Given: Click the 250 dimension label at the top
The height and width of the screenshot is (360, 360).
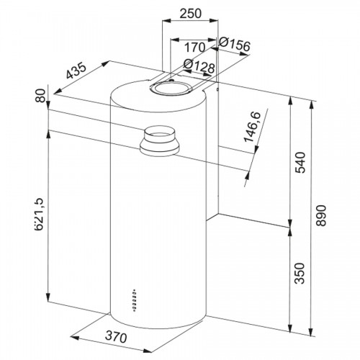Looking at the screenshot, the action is point(191,14).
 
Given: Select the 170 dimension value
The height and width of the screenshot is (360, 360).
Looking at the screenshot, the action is point(194,48).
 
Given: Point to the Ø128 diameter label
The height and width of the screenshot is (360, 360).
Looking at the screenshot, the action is point(199,66).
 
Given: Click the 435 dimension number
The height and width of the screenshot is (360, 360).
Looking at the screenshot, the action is point(76,71).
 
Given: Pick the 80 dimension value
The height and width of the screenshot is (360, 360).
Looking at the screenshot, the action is point(41,96).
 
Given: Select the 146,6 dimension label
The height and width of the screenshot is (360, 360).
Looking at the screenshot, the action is point(252,127).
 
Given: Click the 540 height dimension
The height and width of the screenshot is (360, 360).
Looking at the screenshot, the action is point(300,162).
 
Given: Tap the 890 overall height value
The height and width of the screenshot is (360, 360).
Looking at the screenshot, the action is point(321,215).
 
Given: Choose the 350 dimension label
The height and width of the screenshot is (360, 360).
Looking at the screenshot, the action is point(300,274).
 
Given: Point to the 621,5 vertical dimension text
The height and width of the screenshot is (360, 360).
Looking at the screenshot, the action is point(38,215).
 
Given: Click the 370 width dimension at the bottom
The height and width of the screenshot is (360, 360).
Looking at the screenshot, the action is point(116,337).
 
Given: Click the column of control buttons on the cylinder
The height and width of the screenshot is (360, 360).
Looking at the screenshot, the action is point(135,300).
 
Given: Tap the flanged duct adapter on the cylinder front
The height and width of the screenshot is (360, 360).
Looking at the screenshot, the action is point(159,141).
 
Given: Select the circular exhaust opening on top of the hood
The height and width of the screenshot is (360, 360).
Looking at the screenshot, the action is point(171,88).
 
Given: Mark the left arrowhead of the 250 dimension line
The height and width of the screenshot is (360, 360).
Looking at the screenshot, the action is point(166,21).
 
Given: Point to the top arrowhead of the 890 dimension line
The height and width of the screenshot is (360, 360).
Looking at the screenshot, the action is point(312,105).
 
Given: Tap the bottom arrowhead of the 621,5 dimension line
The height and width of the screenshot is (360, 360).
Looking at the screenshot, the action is point(48,297).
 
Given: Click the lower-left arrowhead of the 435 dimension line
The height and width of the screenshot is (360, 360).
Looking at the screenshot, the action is point(58,91).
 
